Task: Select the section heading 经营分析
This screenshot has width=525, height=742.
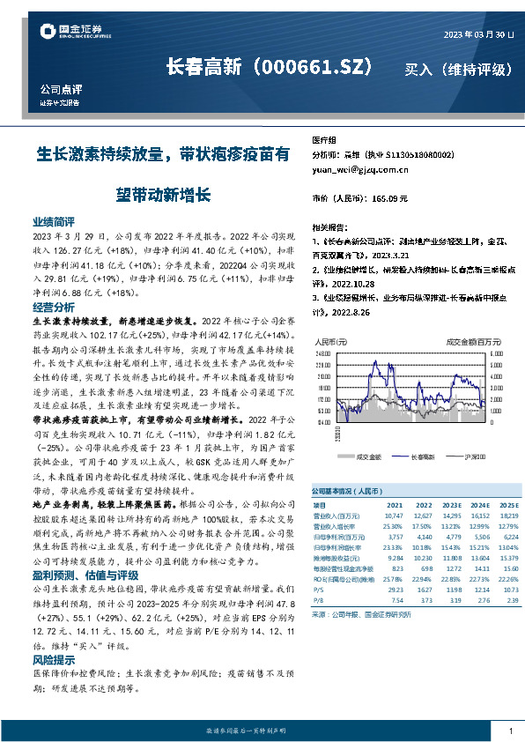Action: click(54, 308)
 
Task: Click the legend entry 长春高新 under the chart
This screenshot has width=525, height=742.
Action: click(422, 456)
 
